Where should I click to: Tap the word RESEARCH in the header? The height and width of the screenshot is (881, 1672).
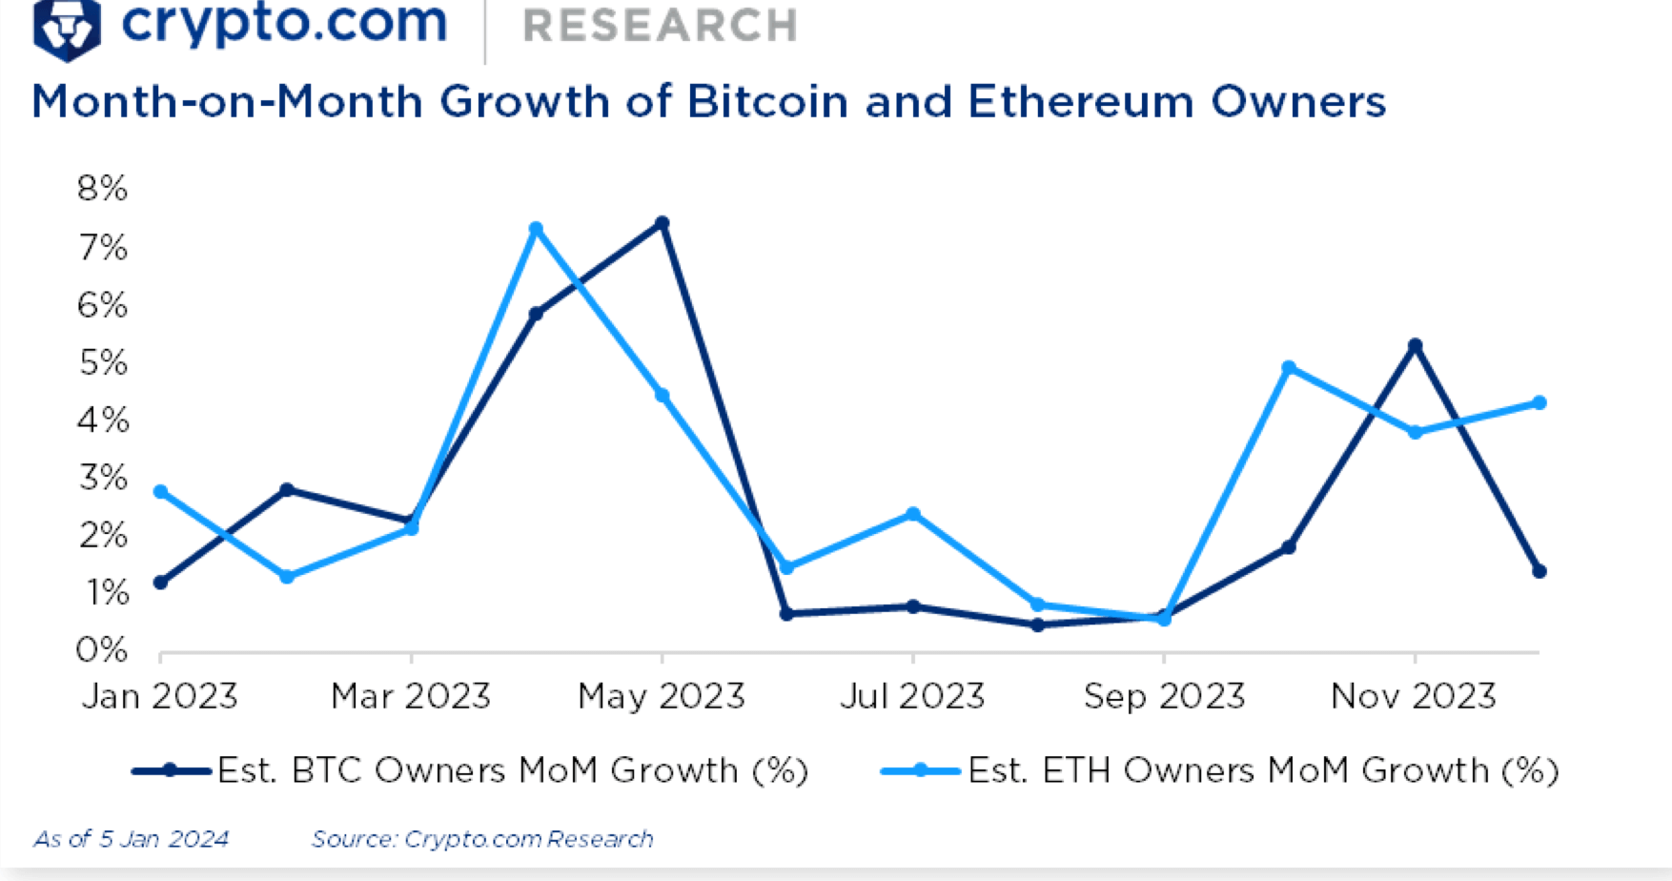coord(660,27)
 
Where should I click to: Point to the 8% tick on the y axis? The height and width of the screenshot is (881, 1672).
coord(102,189)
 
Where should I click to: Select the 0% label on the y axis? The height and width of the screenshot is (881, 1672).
coord(102,650)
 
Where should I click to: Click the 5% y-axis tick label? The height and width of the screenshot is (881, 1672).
coord(102,363)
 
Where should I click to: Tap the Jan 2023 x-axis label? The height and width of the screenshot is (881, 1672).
coord(159,696)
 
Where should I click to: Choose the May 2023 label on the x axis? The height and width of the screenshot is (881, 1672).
coord(661,696)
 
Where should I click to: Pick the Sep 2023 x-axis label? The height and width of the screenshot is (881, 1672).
coord(1164,696)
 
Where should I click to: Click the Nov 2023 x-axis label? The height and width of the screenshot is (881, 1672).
coord(1414,696)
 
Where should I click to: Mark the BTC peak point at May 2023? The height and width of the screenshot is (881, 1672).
coord(663,224)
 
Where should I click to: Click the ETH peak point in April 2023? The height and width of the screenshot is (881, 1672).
coord(536,230)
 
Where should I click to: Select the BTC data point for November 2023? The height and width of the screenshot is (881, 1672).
coord(1416,346)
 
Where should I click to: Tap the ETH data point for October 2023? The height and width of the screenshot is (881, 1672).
coord(1289,368)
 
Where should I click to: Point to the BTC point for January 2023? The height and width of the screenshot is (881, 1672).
coord(160,583)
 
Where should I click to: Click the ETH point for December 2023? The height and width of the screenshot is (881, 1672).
coord(1539,403)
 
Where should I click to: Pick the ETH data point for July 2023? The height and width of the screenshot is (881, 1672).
coord(913,515)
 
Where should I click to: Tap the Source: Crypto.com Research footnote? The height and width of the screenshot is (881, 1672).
coord(482,839)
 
